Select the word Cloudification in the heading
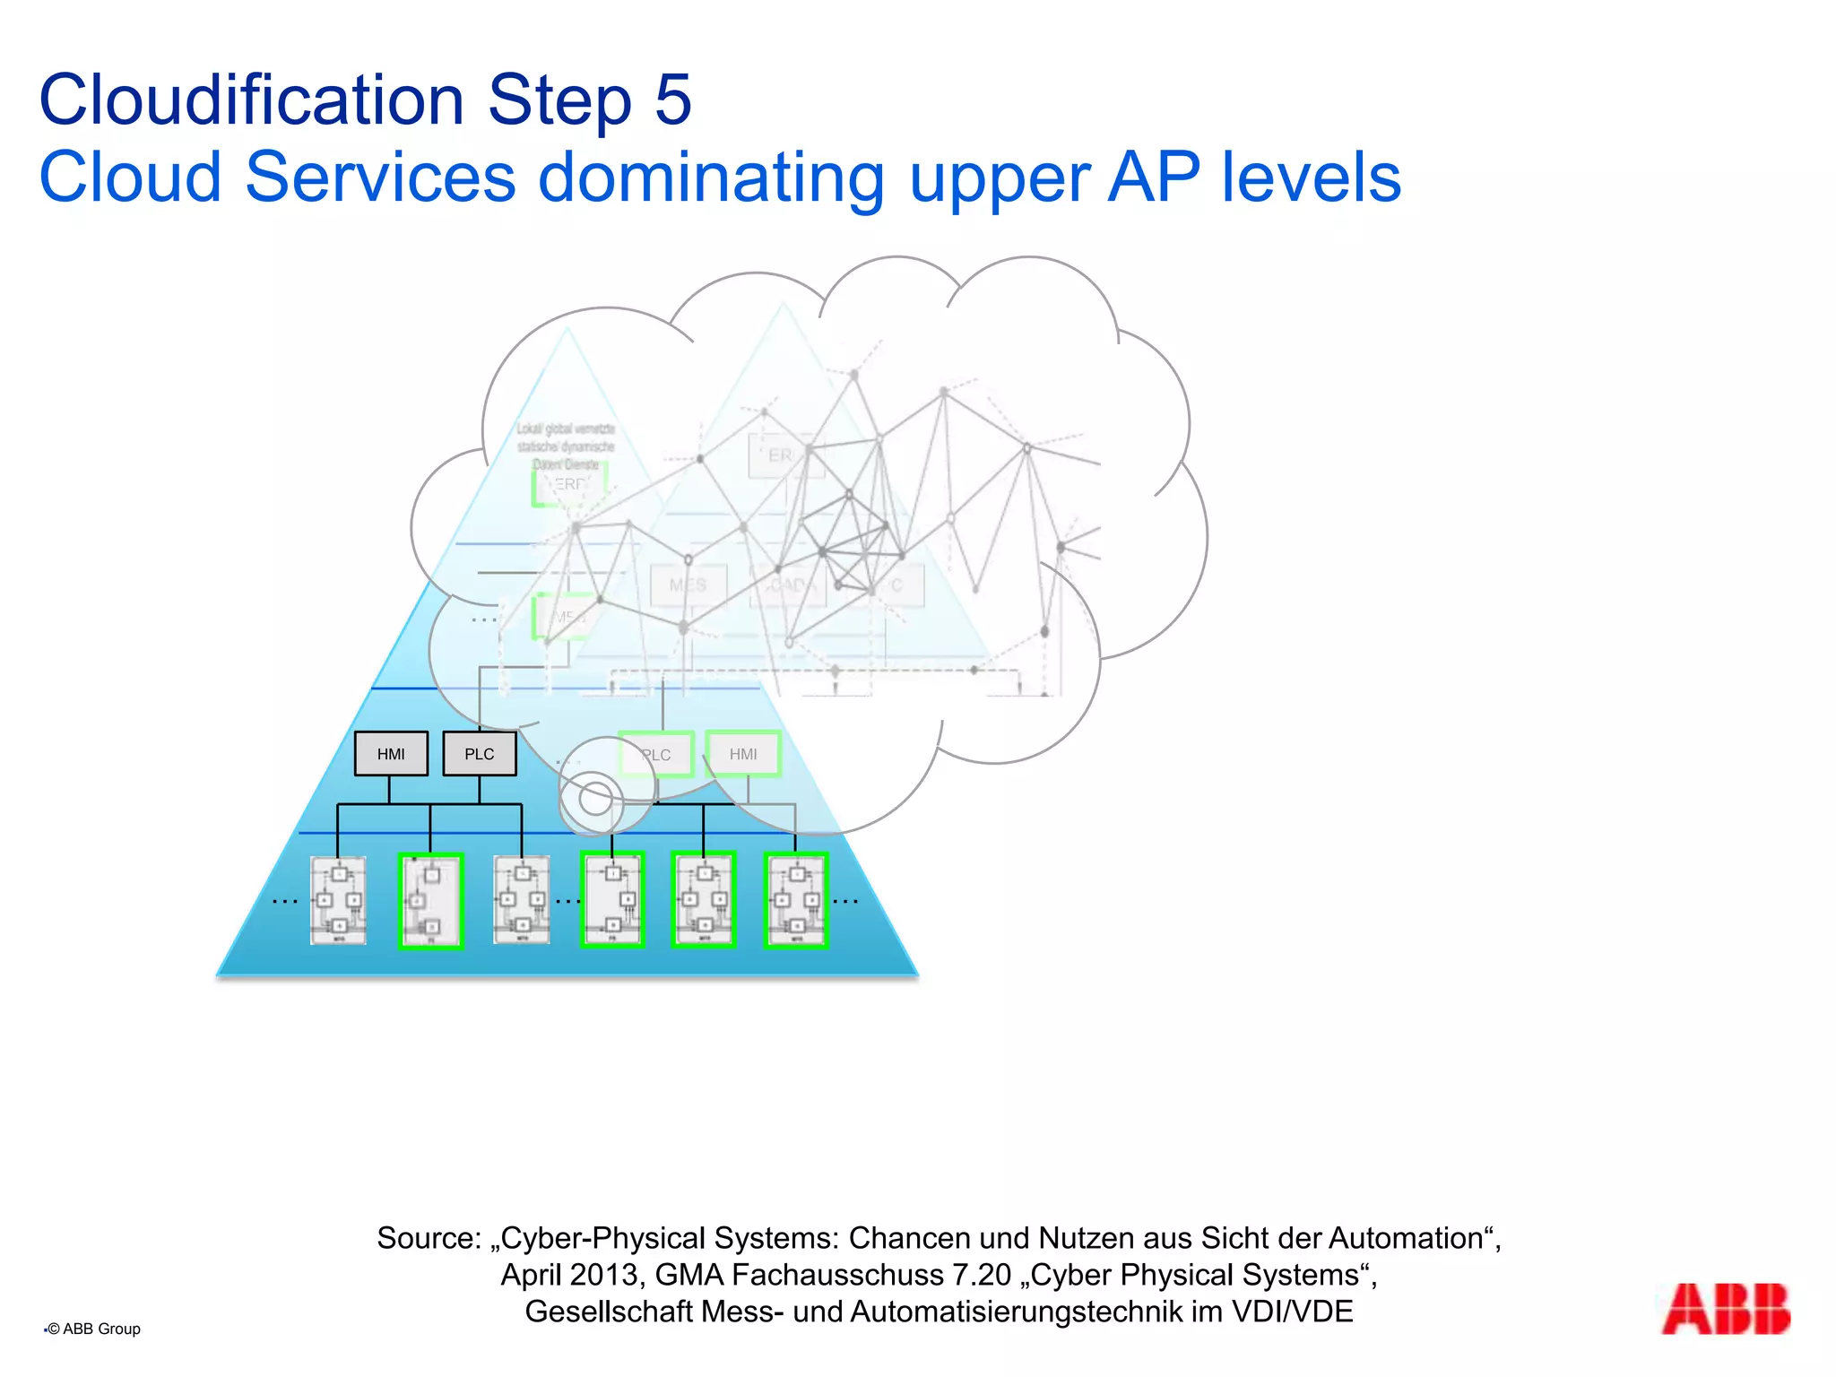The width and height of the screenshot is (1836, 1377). tap(252, 100)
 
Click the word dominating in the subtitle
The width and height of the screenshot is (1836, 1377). tap(711, 178)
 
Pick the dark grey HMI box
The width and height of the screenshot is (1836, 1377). tap(391, 754)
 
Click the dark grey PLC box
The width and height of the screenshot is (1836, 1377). tap(480, 754)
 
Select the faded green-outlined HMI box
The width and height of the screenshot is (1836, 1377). tap(743, 754)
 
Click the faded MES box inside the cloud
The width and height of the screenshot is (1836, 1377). tap(688, 585)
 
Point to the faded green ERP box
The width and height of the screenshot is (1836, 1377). tap(569, 485)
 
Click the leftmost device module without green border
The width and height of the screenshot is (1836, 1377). tap(338, 900)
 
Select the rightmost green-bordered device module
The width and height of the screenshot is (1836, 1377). tap(795, 900)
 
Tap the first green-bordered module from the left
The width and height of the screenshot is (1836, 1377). tap(430, 901)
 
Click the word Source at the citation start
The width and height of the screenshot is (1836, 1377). tap(429, 1238)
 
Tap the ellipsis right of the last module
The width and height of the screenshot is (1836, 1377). tap(845, 901)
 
